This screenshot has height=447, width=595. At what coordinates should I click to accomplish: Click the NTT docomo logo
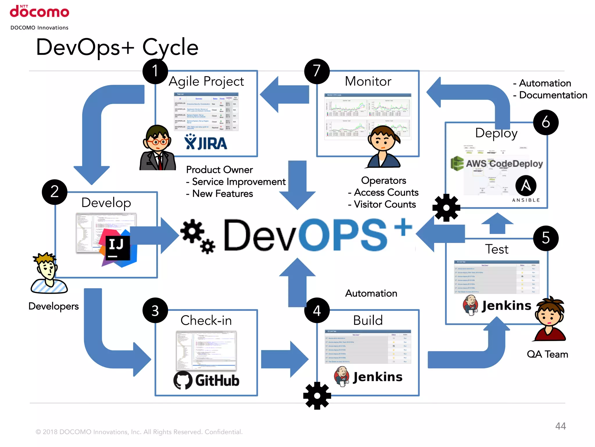pyautogui.click(x=40, y=12)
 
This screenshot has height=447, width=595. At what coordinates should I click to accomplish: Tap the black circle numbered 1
pyautogui.click(x=155, y=71)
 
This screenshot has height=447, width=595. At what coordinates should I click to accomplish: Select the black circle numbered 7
pyautogui.click(x=317, y=71)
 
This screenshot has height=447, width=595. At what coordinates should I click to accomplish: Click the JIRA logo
pyautogui.click(x=206, y=143)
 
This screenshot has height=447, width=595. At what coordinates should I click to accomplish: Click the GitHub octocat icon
pyautogui.click(x=183, y=380)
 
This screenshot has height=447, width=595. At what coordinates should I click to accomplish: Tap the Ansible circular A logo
pyautogui.click(x=526, y=186)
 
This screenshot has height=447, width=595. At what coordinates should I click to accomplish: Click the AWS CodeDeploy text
pyautogui.click(x=504, y=164)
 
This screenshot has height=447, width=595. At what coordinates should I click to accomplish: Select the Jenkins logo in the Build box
pyautogui.click(x=368, y=377)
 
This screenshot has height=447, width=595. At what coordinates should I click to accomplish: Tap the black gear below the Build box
pyautogui.click(x=317, y=396)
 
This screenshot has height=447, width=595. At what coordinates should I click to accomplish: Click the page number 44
pyautogui.click(x=560, y=426)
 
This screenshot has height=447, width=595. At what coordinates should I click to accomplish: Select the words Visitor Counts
pyautogui.click(x=385, y=205)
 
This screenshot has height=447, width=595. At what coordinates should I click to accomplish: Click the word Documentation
pyautogui.click(x=553, y=95)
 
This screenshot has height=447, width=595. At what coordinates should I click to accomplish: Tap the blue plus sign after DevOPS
pyautogui.click(x=403, y=227)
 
